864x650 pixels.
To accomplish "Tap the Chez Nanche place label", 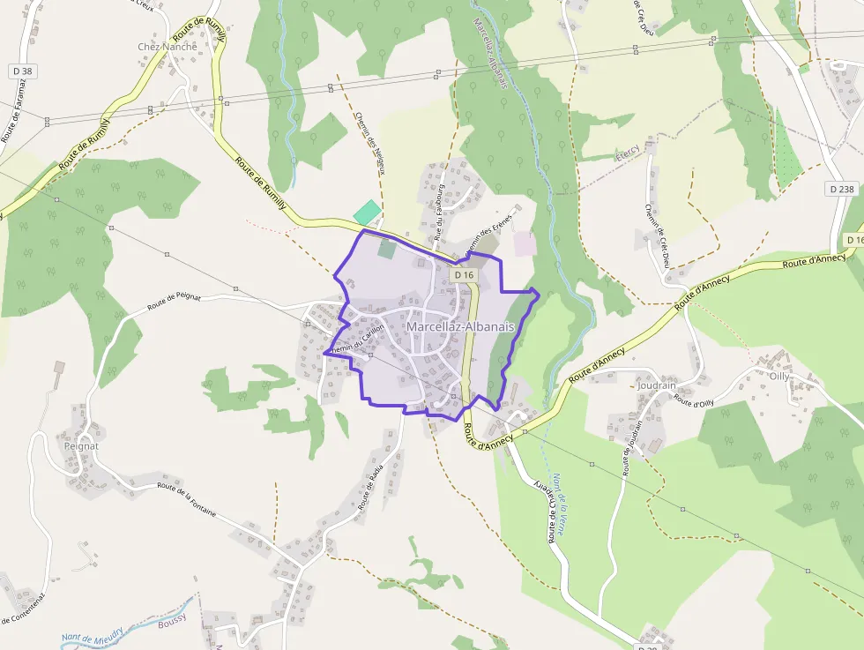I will [168, 47].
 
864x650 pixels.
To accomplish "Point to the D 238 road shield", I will [842, 189].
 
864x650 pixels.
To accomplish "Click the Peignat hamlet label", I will [81, 446].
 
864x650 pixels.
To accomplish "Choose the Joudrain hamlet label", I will [655, 385].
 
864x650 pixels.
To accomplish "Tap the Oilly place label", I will [779, 376].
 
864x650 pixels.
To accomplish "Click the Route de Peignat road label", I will [175, 303].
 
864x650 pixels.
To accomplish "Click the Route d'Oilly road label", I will [694, 400].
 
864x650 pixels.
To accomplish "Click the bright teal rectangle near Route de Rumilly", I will [368, 213].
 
